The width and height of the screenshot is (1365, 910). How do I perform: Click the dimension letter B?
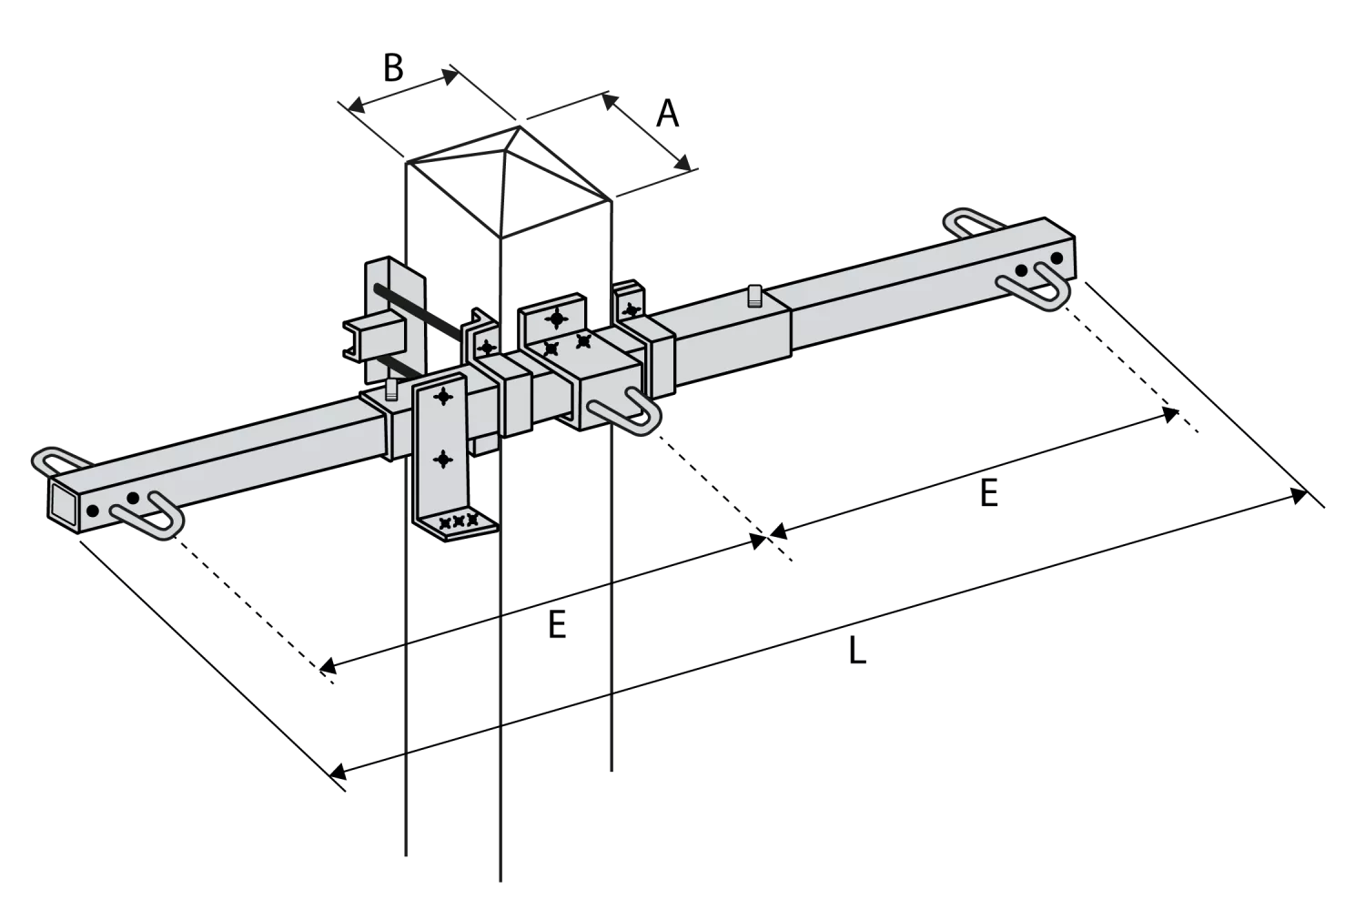coord(394,68)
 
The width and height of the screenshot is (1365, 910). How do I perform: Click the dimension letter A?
coord(667,114)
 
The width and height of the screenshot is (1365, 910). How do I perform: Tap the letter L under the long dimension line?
coord(857,650)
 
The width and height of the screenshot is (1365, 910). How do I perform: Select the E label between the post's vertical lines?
coord(557,624)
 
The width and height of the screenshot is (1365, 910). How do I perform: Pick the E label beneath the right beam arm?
coord(989,493)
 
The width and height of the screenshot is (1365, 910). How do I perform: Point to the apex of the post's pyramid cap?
coord(520,126)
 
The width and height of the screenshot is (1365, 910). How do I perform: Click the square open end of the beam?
coord(64,503)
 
